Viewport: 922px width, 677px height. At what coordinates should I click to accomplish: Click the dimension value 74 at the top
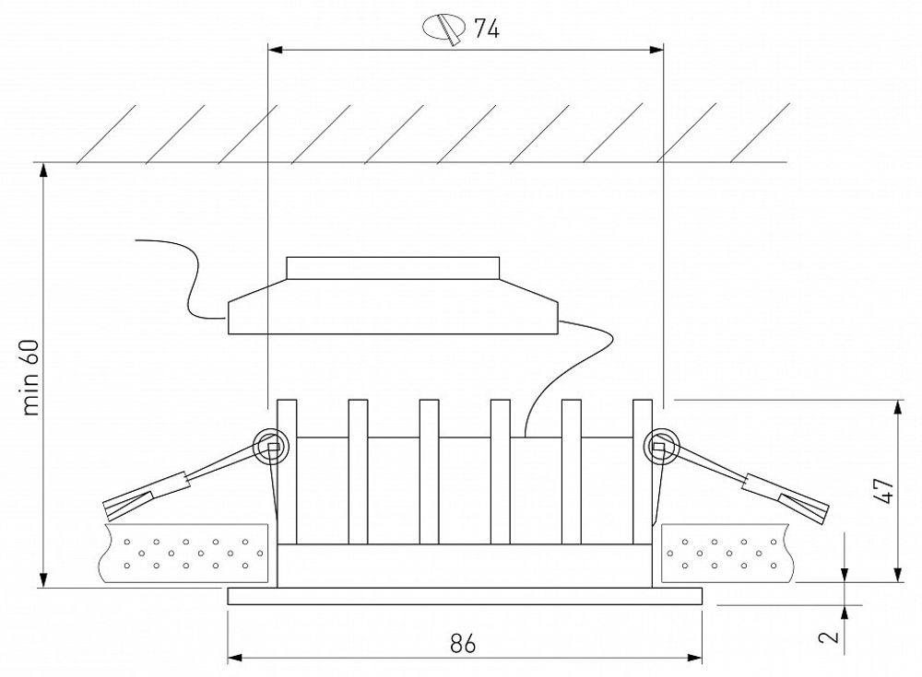tap(487, 29)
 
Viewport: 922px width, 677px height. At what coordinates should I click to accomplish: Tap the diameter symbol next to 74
tap(444, 29)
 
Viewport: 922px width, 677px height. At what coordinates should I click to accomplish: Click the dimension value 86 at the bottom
tap(464, 644)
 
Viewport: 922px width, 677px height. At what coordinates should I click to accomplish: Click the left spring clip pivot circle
tap(270, 447)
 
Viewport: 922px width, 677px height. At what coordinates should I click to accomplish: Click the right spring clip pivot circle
tap(660, 447)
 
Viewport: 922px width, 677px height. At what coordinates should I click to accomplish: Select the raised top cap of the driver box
tap(394, 267)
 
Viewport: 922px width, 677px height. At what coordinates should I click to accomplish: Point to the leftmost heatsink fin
tap(287, 470)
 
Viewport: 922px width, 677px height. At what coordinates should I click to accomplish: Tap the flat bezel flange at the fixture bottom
tap(466, 596)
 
